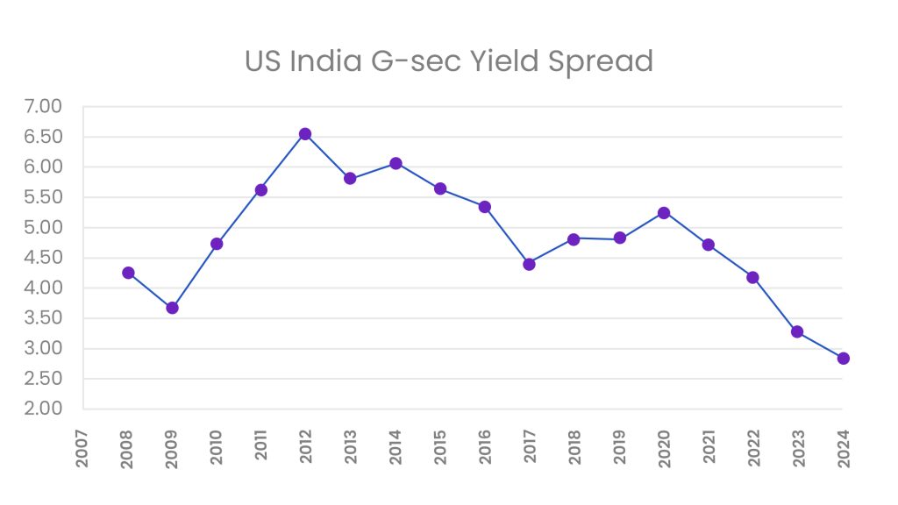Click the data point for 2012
[x=305, y=134]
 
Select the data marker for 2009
[x=172, y=308]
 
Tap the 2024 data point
[x=843, y=358]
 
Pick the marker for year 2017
[x=529, y=264]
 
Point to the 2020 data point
[x=664, y=213]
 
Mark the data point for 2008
[x=128, y=273]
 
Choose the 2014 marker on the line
[x=396, y=163]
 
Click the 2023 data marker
[x=797, y=331]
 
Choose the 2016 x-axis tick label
[x=485, y=447]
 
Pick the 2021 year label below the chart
[x=709, y=447]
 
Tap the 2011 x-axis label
[x=261, y=447]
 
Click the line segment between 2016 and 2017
[x=507, y=236]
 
